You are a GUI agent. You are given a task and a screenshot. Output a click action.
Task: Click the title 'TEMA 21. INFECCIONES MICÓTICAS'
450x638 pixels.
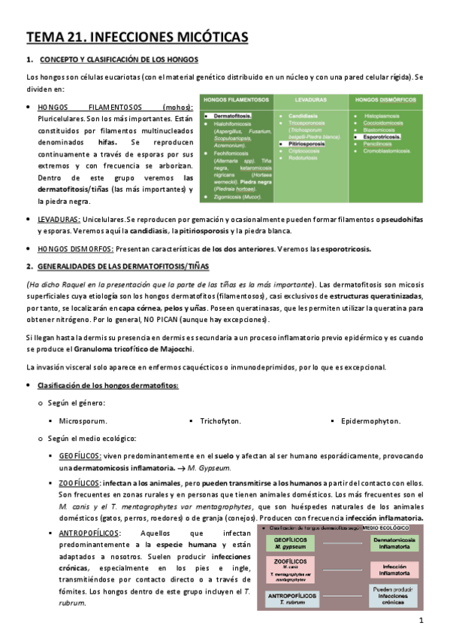137,37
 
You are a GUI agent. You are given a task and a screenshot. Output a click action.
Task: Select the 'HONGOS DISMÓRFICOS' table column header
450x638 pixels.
385,100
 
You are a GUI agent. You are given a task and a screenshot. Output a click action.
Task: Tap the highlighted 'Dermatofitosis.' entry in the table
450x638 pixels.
232,116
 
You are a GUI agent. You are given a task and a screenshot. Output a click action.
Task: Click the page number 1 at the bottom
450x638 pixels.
421,621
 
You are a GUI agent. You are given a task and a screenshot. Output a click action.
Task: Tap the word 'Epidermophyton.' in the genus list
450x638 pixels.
370,421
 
